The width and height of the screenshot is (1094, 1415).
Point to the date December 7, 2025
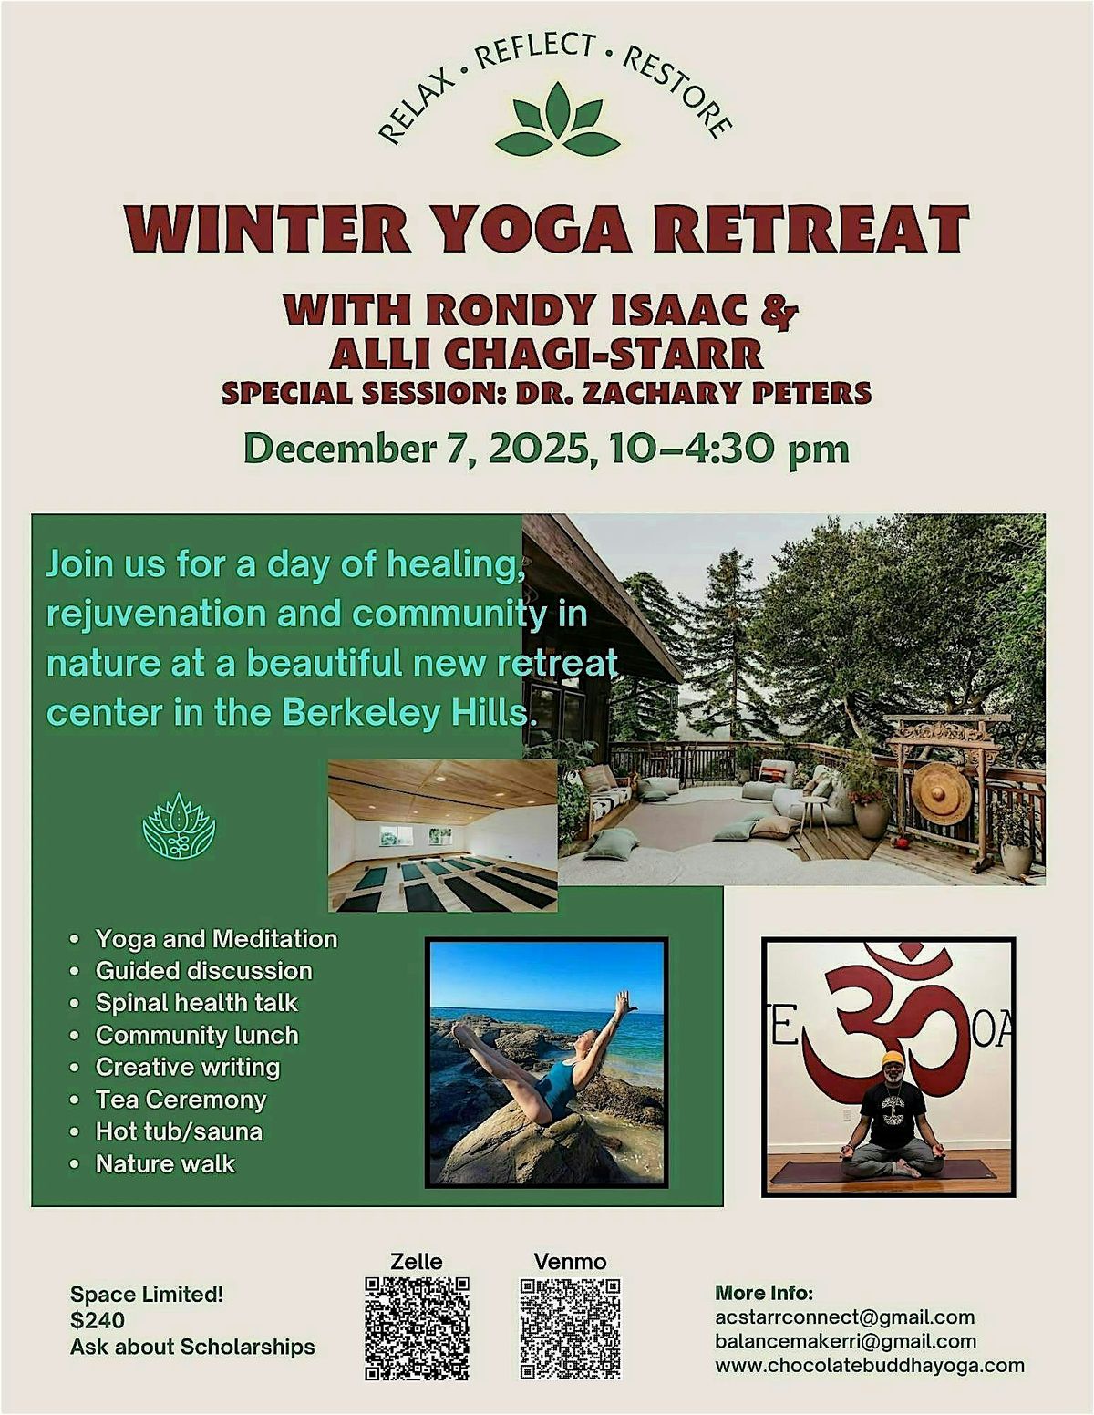tap(416, 449)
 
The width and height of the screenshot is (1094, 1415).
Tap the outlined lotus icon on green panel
tap(179, 826)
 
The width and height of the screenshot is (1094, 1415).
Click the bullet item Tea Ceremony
tap(181, 1100)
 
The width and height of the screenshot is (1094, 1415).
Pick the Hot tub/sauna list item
tap(179, 1131)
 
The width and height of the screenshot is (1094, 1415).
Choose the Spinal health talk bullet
tap(196, 1003)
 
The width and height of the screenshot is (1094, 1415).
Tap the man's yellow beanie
tap(893, 1059)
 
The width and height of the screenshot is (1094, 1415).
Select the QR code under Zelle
tap(417, 1327)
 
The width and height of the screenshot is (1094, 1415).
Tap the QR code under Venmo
tap(571, 1327)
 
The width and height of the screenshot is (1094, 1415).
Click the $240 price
tap(98, 1320)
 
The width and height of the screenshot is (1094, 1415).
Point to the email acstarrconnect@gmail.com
tap(844, 1317)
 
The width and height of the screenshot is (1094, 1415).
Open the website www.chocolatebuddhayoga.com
tap(869, 1366)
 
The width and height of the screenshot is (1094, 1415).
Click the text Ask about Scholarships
tap(192, 1347)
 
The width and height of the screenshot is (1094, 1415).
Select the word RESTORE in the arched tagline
tap(676, 91)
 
